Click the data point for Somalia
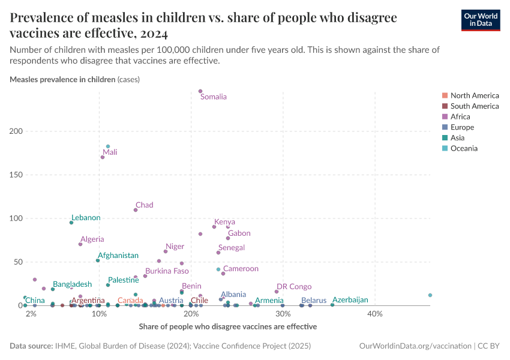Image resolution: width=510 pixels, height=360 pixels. point(200,91)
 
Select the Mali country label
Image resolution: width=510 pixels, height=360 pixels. point(110,152)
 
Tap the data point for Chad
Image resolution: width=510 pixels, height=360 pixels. point(136,210)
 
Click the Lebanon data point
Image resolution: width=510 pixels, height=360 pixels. point(71,223)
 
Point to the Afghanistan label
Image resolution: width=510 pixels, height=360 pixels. point(118,256)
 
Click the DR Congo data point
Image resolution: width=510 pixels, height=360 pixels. point(277,292)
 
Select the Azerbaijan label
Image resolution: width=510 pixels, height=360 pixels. point(350,300)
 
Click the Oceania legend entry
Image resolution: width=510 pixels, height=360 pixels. point(464,148)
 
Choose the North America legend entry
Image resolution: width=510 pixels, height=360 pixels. point(474,95)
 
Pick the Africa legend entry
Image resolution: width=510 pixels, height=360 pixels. point(460,116)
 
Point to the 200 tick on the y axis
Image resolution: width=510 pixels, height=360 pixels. point(16,131)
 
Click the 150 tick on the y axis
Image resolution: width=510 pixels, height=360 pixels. point(16,175)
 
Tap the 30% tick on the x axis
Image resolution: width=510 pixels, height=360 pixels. point(282,314)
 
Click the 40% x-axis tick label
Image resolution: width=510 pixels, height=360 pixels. point(374,314)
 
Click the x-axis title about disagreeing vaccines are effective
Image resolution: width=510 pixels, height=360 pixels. point(227,326)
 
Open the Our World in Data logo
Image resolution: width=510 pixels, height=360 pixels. point(480,19)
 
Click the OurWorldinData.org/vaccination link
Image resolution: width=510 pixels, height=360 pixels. point(415,346)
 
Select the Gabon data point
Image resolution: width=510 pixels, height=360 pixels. point(228,238)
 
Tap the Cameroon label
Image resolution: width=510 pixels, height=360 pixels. point(241,269)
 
